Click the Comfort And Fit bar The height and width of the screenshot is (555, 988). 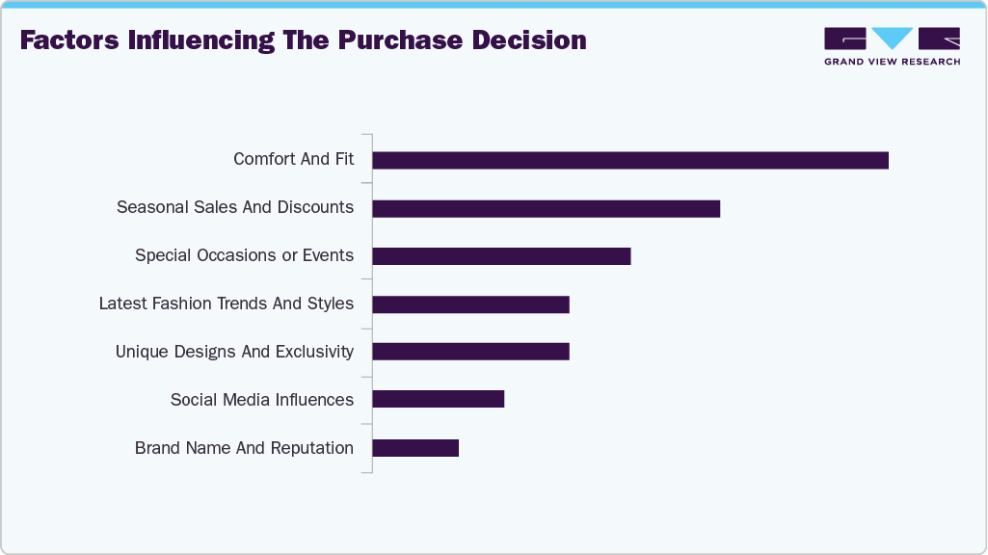pyautogui.click(x=630, y=160)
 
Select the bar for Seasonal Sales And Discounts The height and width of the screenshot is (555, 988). pyautogui.click(x=546, y=208)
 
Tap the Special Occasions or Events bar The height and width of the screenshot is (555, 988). pyautogui.click(x=501, y=256)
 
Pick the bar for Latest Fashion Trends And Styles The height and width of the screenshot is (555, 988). pyautogui.click(x=470, y=304)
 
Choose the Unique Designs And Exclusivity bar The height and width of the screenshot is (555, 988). pyautogui.click(x=470, y=351)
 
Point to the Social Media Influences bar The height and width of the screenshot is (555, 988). pyautogui.click(x=438, y=399)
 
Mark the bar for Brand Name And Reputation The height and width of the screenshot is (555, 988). pyautogui.click(x=415, y=448)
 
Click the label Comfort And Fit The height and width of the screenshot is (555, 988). pyautogui.click(x=293, y=159)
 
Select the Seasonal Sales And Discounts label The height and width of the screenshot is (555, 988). pyautogui.click(x=235, y=207)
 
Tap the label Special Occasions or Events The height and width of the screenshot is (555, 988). pyautogui.click(x=244, y=255)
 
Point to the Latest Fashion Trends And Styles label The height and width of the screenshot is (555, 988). pyautogui.click(x=227, y=304)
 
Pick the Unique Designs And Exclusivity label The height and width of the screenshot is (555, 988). pyautogui.click(x=234, y=352)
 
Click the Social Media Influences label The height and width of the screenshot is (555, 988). pyautogui.click(x=262, y=400)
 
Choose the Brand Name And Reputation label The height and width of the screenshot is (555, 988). pyautogui.click(x=244, y=448)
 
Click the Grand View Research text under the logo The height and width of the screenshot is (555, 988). pyautogui.click(x=892, y=62)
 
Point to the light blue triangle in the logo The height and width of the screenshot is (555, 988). pyautogui.click(x=893, y=38)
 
